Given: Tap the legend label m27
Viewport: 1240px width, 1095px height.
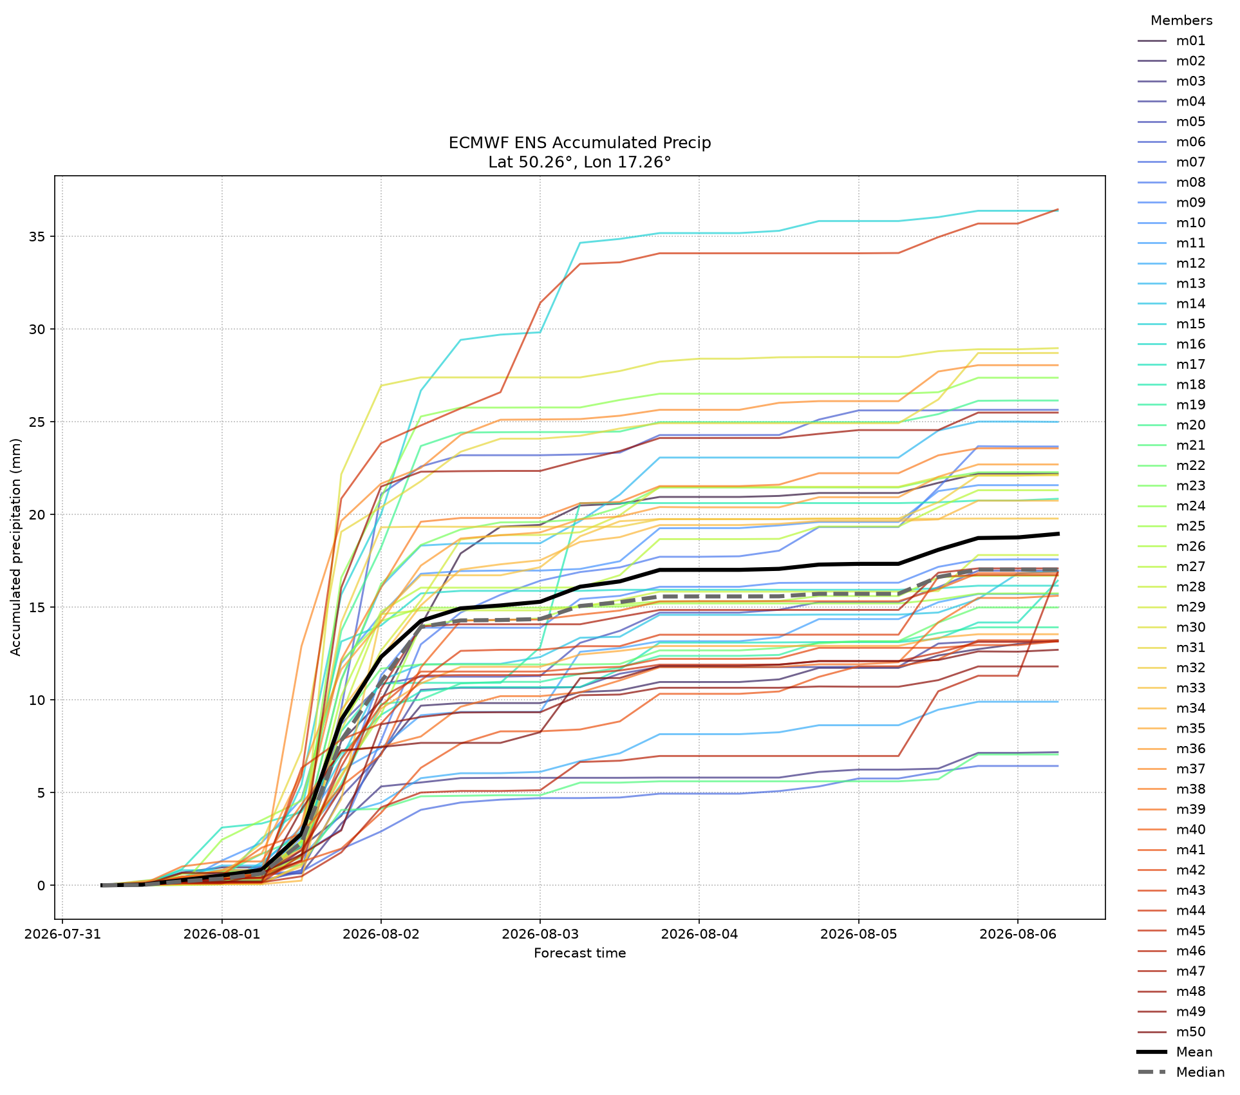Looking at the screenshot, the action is pyautogui.click(x=1190, y=567).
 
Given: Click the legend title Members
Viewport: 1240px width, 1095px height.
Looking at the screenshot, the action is pyautogui.click(x=1181, y=21).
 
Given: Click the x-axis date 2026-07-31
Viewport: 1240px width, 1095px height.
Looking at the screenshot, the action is pyautogui.click(x=62, y=934).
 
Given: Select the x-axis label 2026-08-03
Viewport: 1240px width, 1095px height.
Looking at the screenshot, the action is pyautogui.click(x=540, y=934).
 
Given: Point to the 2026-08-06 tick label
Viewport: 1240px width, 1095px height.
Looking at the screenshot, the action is pyautogui.click(x=1018, y=934).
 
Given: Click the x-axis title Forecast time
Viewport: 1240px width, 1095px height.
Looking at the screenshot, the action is pyautogui.click(x=580, y=953).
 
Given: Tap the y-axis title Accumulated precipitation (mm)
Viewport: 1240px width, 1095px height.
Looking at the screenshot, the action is pyautogui.click(x=16, y=547).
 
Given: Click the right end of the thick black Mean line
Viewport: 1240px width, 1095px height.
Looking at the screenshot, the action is pyautogui.click(x=1058, y=534).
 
